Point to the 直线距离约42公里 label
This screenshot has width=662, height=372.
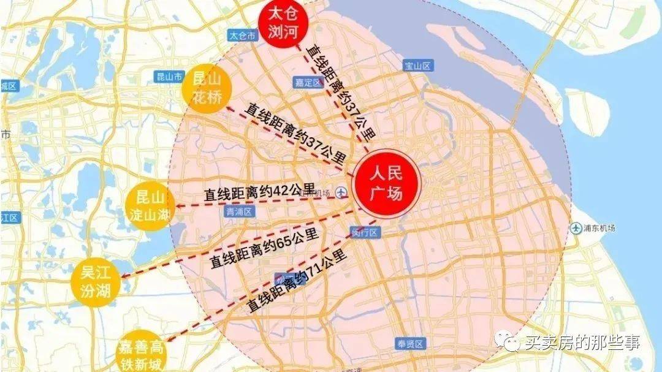tap(259, 192)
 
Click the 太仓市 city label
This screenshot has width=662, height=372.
tap(242, 36)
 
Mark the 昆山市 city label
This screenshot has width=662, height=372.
tap(169, 77)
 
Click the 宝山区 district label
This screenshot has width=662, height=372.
tap(419, 66)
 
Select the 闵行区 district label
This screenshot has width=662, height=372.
tap(367, 232)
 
